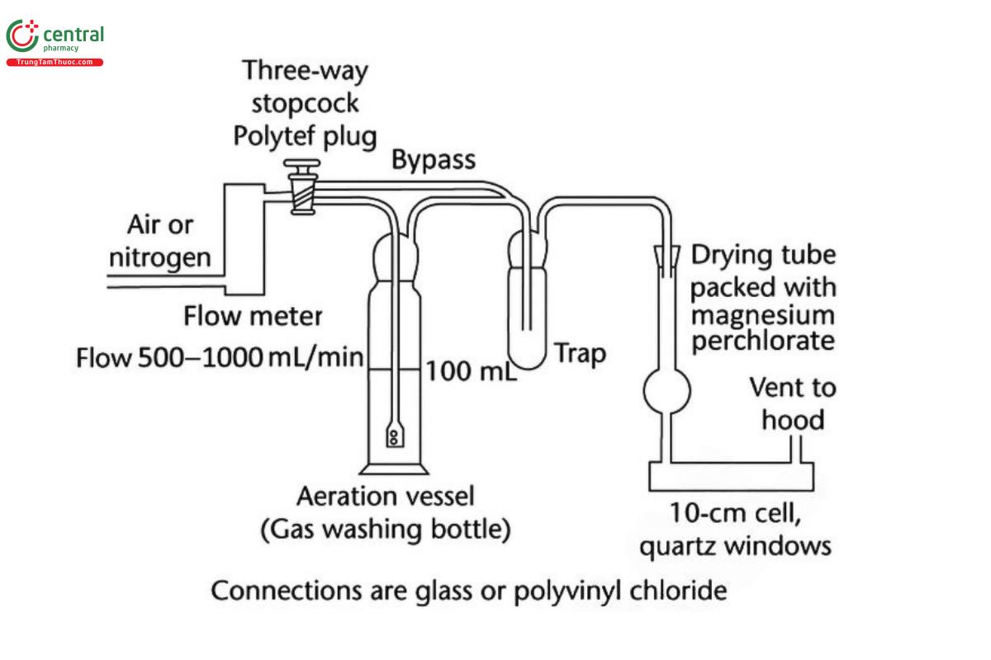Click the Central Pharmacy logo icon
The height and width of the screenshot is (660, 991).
[21, 36]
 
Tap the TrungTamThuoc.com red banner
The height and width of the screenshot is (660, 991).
[55, 63]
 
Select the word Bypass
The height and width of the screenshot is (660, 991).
[434, 159]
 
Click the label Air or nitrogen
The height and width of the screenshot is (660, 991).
[160, 242]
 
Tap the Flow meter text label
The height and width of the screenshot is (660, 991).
[253, 315]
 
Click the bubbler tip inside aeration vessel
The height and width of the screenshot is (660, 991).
[394, 435]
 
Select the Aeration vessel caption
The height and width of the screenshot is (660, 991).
[386, 497]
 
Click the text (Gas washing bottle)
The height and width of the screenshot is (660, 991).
[385, 529]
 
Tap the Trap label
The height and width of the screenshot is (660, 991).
[579, 354]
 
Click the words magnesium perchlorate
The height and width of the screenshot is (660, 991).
[763, 328]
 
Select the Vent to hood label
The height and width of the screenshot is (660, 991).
[792, 403]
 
